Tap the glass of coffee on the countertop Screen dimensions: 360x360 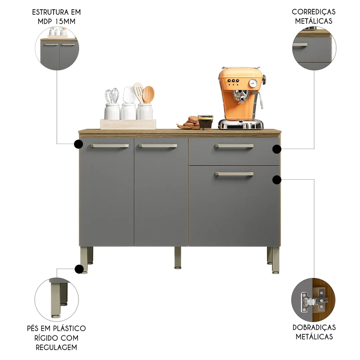(x=205, y=122)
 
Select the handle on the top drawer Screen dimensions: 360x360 (x=234, y=146)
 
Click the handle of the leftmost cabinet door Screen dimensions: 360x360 (x=109, y=146)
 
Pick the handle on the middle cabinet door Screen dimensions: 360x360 (x=158, y=146)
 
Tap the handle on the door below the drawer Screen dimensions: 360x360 (x=234, y=174)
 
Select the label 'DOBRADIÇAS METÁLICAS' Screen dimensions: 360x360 (x=314, y=332)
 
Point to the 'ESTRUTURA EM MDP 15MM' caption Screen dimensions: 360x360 (x=56, y=17)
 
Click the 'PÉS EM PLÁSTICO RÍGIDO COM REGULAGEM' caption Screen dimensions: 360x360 (x=56, y=338)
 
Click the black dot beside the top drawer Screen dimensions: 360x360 (x=276, y=149)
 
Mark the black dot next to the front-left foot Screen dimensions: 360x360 (x=79, y=269)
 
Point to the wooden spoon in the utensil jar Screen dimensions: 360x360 (x=148, y=94)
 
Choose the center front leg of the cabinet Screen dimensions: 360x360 (x=178, y=257)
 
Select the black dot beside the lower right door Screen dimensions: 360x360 (x=276, y=179)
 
